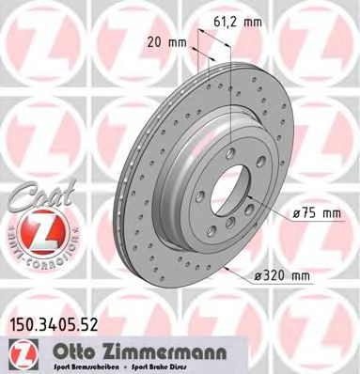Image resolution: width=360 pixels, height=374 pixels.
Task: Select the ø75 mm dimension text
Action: [316, 214]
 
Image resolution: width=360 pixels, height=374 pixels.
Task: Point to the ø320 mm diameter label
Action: [283, 274]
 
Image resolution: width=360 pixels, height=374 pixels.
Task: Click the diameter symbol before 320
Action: [259, 274]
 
